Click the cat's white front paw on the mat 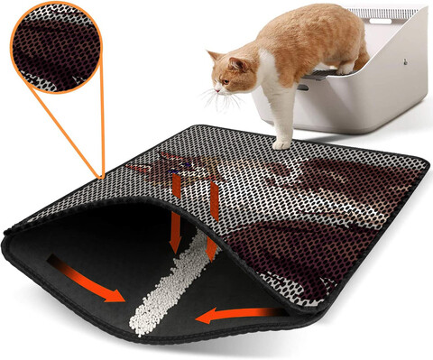coord(283,143)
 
